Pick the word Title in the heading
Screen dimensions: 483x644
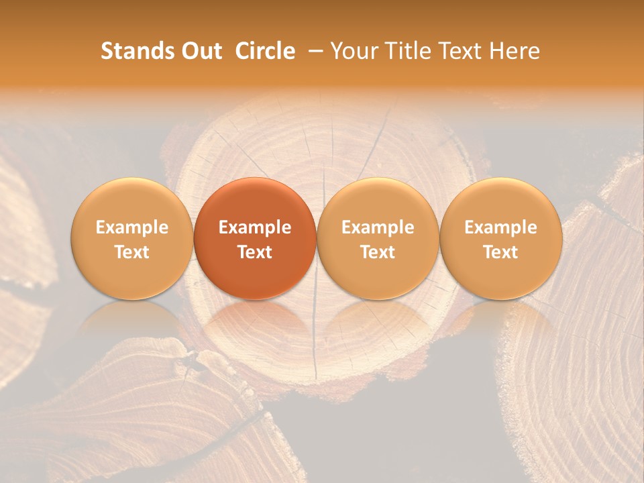(409, 51)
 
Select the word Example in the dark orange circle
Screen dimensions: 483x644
(255, 227)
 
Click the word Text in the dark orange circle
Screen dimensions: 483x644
(255, 252)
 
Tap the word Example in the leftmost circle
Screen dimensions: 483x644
(131, 227)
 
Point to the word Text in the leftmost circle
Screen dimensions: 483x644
(131, 252)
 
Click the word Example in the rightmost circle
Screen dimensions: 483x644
(500, 227)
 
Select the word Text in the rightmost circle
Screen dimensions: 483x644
(500, 252)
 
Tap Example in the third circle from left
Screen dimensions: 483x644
(378, 227)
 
